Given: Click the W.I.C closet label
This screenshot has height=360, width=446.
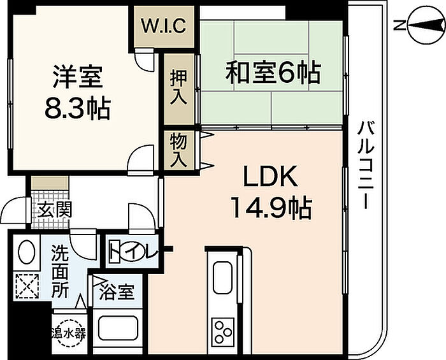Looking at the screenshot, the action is (164, 25).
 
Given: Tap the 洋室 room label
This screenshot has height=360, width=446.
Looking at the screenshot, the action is (77, 77).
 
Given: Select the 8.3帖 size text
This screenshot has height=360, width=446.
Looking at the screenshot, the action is (78, 108).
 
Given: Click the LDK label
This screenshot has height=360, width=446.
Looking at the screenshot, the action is (271, 176).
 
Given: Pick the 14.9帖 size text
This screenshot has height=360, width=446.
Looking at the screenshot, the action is (271, 208).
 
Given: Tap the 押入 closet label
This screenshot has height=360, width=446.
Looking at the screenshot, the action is (178, 87).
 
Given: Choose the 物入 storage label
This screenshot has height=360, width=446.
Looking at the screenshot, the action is (178, 150).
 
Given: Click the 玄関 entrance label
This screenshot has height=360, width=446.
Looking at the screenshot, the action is (55, 210).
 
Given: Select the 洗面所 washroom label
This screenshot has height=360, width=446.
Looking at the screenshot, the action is (60, 272).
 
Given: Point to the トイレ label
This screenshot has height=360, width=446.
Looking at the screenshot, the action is (133, 251).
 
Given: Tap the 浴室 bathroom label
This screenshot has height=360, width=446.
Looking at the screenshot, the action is (117, 292).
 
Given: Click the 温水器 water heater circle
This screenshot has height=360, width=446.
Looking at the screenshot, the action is (69, 333).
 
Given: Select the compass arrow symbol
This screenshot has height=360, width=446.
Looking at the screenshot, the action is (426, 26).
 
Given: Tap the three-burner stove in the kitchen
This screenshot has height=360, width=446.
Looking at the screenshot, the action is (223, 331).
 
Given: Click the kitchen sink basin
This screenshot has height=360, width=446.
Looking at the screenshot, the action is (223, 278).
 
